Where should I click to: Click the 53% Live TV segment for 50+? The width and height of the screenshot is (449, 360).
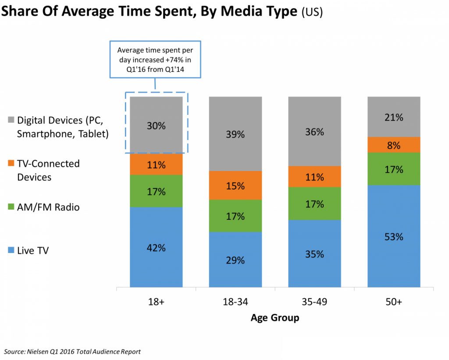point(394,236)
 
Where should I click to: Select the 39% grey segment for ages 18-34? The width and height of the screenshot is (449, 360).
point(235,134)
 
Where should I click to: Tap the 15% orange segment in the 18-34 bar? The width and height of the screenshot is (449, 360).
point(235,185)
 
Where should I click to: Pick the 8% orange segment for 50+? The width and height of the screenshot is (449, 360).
point(394,145)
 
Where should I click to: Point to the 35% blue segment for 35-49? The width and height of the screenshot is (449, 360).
point(314,253)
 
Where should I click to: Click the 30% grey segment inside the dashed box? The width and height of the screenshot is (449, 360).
point(156,125)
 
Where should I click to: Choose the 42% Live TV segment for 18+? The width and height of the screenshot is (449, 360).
point(156,247)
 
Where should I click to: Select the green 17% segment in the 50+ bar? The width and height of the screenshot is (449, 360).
point(394,169)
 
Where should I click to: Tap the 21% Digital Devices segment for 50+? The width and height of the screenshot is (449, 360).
point(394,117)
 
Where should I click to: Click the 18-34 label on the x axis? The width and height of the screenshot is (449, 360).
point(235,302)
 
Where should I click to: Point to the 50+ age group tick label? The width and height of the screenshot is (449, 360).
point(394,302)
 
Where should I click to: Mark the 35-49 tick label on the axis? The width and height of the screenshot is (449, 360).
point(314,302)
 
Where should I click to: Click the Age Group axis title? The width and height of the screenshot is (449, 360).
point(275,318)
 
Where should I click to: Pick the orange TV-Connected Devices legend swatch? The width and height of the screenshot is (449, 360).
point(11,164)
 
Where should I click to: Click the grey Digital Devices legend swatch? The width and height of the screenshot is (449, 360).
point(11,120)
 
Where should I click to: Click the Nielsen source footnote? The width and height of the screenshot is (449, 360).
point(73,352)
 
